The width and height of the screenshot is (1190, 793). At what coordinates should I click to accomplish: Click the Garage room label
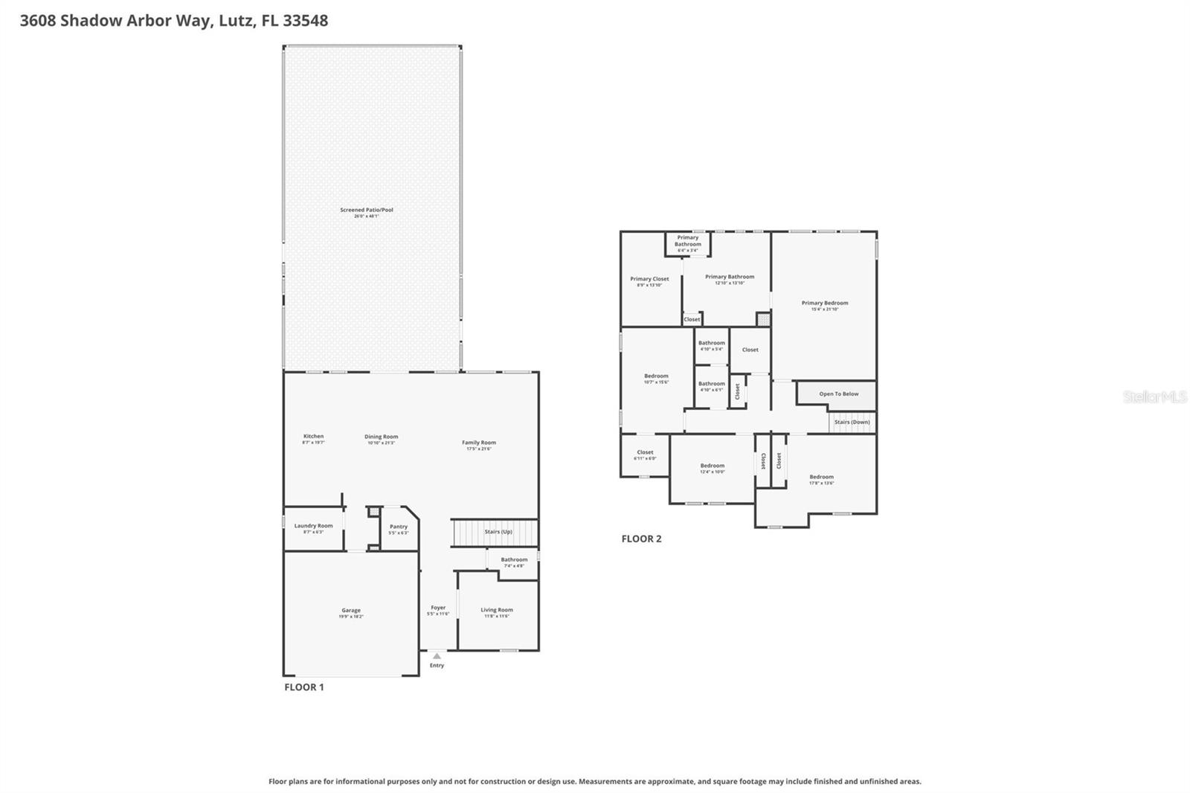click(351, 611)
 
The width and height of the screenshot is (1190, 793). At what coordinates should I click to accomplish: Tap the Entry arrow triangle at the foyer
click(437, 656)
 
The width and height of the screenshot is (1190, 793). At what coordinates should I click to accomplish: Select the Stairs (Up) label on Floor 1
click(498, 532)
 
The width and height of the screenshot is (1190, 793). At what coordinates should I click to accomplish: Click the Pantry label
click(399, 527)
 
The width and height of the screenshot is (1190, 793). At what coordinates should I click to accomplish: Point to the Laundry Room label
click(313, 526)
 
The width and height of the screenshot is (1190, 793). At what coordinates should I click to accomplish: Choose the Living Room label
click(497, 610)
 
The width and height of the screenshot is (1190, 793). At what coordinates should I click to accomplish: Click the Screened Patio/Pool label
click(367, 211)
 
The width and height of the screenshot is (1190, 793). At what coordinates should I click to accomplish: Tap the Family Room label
click(478, 443)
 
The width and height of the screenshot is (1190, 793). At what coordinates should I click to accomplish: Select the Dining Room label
click(381, 437)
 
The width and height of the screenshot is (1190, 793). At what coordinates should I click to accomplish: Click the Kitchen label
click(313, 437)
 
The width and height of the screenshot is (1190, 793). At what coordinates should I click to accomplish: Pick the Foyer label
click(438, 608)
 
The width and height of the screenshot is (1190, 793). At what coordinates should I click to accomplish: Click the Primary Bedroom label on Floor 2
click(825, 304)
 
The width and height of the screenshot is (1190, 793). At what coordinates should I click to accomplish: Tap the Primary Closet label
click(649, 279)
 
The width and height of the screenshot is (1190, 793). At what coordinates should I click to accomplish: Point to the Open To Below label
click(838, 394)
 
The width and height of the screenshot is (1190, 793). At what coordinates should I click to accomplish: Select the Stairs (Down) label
click(852, 422)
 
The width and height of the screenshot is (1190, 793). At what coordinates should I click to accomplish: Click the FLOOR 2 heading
click(641, 539)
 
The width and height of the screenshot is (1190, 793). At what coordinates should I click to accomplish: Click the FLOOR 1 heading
click(303, 687)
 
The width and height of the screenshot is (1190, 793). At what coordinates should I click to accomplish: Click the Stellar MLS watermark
click(1154, 397)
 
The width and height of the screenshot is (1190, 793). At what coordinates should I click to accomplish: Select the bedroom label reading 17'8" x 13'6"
click(821, 480)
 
